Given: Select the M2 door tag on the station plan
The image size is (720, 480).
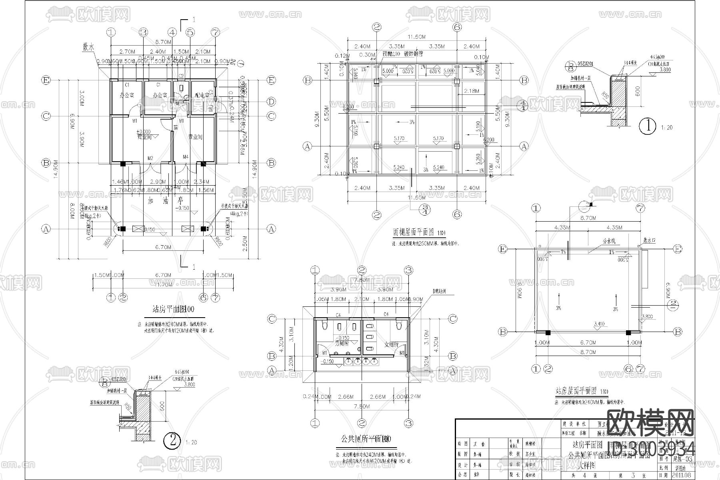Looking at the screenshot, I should click(150, 158).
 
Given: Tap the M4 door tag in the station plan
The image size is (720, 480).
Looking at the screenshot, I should click(186, 157).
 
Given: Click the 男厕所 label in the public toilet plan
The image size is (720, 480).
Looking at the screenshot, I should click(342, 343).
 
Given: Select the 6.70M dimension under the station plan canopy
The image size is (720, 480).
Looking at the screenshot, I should click(163, 247).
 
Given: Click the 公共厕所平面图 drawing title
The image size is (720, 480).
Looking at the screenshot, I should click(362, 439).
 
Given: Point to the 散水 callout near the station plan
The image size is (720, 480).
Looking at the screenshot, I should click(88, 47).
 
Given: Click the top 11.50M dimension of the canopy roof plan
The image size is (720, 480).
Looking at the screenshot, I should click(416, 37).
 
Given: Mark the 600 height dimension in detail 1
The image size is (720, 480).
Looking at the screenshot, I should click(638, 91).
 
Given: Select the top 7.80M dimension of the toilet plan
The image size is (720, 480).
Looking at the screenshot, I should click(362, 280).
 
